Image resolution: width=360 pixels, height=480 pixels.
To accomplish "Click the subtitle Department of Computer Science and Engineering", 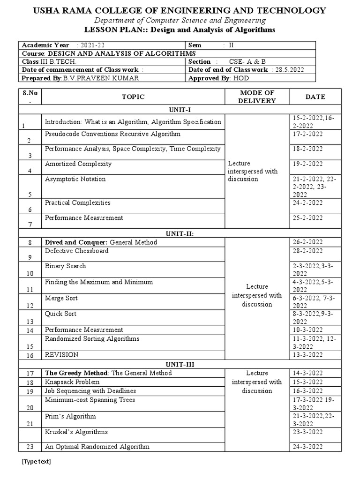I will coord(180,20).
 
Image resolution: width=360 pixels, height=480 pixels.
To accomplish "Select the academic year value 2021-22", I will coord(90,45).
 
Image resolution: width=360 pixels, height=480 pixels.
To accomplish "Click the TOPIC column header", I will coord(133,97).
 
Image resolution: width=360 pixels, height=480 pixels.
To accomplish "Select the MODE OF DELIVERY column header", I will coord(257,97).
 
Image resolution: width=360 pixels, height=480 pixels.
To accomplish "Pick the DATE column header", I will coord(315,97).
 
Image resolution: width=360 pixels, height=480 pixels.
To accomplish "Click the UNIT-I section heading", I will coord(180,109).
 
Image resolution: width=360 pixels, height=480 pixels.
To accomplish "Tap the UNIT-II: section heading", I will coord(180,232).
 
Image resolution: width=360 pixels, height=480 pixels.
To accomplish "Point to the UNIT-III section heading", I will coord(180,364).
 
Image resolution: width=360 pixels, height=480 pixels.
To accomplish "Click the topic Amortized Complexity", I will coord(78,164).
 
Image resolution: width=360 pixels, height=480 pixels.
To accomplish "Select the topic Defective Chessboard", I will coord(76,251).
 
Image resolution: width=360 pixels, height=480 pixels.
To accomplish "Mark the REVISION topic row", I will coord(61,354).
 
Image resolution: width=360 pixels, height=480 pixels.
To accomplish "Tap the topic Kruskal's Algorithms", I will coord(76,432).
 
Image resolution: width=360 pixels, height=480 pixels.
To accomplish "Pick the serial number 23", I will coord(30,447).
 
